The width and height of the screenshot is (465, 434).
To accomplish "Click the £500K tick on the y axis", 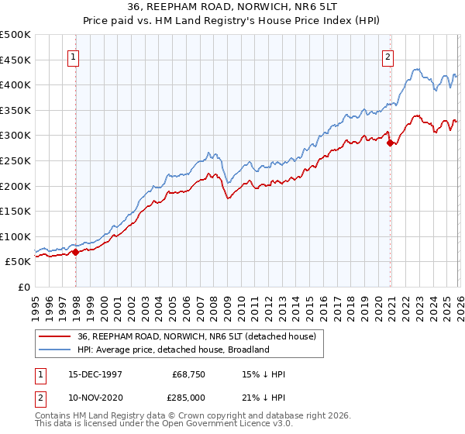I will click(15, 36).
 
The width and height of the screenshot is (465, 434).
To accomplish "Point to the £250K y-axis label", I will click(15, 160).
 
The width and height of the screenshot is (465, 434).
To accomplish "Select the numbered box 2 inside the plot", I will click(387, 56).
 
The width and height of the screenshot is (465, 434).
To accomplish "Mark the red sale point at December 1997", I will click(76, 252).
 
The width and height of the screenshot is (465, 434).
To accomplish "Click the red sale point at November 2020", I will click(390, 143).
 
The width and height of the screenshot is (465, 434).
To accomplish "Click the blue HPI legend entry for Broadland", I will click(173, 350).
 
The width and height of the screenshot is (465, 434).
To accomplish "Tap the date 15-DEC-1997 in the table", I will click(95, 374).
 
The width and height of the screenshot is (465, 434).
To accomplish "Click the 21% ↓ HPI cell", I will click(264, 397).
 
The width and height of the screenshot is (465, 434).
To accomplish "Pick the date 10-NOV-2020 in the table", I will click(95, 397).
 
